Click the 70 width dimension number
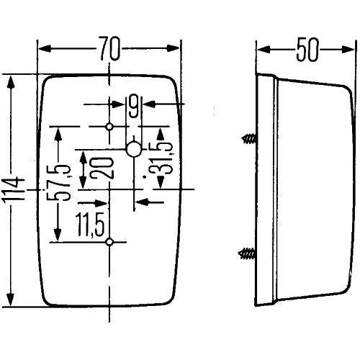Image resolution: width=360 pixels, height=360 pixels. coord(110,50)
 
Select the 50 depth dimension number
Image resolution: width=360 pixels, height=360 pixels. coord(307,50)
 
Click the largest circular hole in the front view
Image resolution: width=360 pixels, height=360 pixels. coord(133,149)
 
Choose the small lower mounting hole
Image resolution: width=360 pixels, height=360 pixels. coord(109,242)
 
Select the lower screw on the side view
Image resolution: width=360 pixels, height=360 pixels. coord(247,253)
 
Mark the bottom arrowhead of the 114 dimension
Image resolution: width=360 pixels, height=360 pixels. coord(11,302)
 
